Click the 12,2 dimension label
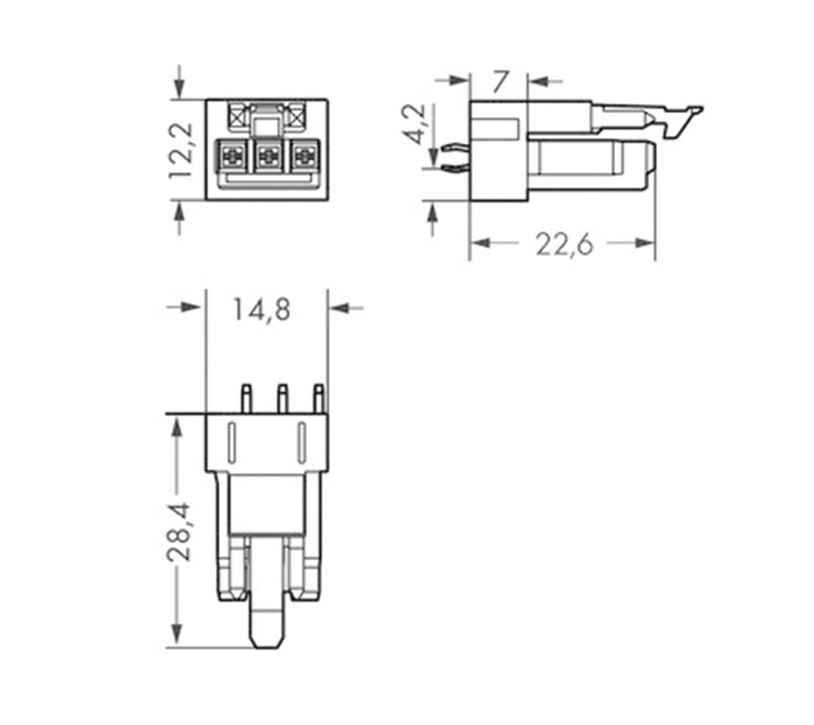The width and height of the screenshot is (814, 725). pyautogui.click(x=181, y=150)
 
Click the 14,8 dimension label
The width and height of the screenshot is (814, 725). pyautogui.click(x=262, y=310)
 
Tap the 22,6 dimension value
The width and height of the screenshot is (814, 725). pyautogui.click(x=564, y=245)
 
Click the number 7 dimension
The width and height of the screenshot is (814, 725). pyautogui.click(x=500, y=82)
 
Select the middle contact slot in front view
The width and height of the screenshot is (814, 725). pyautogui.click(x=268, y=157)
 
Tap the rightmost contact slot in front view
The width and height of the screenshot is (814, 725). pyautogui.click(x=304, y=157)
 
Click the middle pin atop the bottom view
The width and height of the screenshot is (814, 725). pyautogui.click(x=282, y=398)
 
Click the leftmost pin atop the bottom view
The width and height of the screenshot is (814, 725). pyautogui.click(x=246, y=398)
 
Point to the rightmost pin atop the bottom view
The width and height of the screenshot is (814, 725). pyautogui.click(x=319, y=398)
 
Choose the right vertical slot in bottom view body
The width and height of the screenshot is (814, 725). pyautogui.click(x=301, y=443)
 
